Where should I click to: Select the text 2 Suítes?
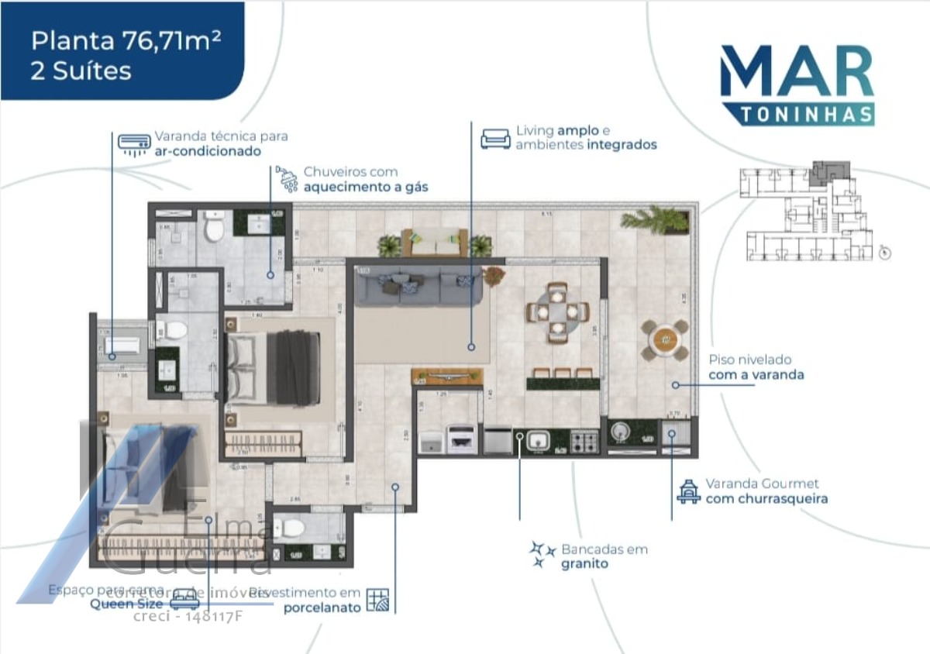[x=81, y=71]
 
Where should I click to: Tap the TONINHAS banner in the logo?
[x=797, y=114]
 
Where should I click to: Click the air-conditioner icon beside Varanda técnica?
[x=134, y=144]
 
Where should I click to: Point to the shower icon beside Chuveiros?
[x=288, y=179]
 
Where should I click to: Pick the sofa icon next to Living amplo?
[x=495, y=138]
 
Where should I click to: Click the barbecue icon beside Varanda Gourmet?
[x=687, y=491]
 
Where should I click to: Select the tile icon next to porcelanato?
[x=379, y=600]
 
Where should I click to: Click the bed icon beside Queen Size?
[x=184, y=598]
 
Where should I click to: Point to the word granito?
[x=584, y=564]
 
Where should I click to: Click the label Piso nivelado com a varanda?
[x=756, y=367]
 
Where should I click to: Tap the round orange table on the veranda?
[x=665, y=339]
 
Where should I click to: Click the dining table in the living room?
[x=557, y=312]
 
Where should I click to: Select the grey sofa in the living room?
[x=419, y=286]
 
